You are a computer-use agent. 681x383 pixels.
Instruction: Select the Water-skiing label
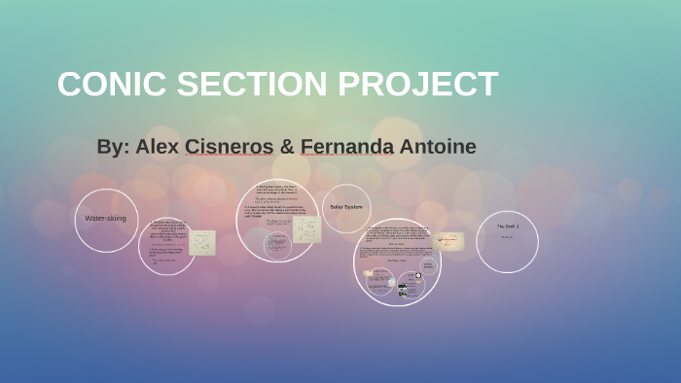105,219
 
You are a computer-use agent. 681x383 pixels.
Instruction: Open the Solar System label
345,207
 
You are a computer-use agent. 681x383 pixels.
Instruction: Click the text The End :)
507,226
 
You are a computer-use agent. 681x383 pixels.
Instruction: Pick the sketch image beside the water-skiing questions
203,242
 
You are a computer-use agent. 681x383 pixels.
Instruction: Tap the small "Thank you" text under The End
507,237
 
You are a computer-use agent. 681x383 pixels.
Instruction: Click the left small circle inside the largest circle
377,283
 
